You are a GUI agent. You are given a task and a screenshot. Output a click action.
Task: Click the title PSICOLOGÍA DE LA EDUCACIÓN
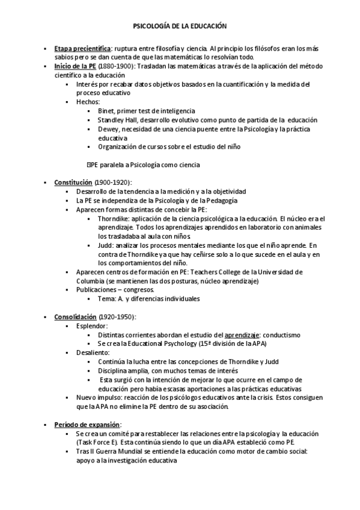tap(180, 26)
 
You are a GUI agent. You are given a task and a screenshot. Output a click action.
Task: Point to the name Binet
tap(106, 111)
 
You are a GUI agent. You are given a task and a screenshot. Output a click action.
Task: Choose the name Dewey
tap(108, 129)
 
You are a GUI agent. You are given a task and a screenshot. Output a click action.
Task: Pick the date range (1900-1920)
tap(114, 182)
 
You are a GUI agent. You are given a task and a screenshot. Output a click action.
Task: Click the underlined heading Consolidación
tap(75, 316)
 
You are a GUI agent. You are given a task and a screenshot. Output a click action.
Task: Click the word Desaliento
tap(93, 352)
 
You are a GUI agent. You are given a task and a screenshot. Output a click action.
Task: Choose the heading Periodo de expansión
tap(87, 424)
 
